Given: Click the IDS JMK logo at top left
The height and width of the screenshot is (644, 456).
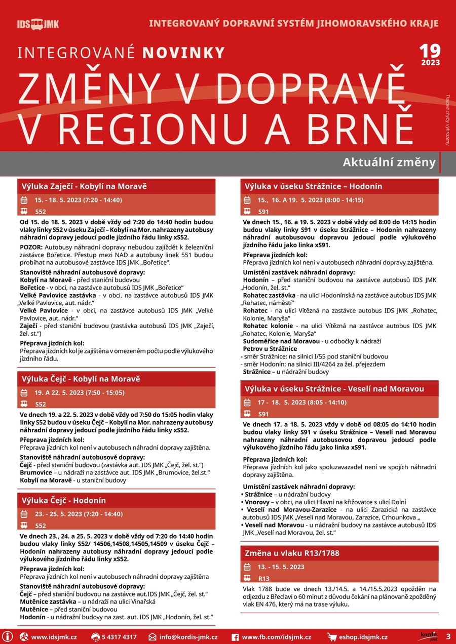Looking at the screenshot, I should pyautogui.click(x=38, y=24).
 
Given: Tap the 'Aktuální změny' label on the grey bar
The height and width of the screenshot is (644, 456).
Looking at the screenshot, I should pyautogui.click(x=389, y=163).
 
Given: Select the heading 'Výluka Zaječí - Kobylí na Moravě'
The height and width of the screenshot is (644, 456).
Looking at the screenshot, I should pyautogui.click(x=84, y=186).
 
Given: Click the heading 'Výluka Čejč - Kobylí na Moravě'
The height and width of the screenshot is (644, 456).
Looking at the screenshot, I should pyautogui.click(x=81, y=379).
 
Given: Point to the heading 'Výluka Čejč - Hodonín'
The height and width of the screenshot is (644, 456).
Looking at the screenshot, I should pyautogui.click(x=64, y=500).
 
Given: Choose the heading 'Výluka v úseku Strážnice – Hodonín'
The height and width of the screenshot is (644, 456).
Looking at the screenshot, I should pyautogui.click(x=313, y=186).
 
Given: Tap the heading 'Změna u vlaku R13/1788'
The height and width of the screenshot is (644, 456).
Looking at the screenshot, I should pyautogui.click(x=292, y=553).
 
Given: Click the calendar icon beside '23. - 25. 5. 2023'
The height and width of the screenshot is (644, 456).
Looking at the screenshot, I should pyautogui.click(x=24, y=514).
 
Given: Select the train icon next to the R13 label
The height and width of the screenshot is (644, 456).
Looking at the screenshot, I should pyautogui.click(x=247, y=578).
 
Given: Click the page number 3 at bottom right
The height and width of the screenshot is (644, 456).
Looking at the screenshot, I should pyautogui.click(x=448, y=636).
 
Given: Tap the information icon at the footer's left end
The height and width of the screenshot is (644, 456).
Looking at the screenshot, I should pyautogui.click(x=8, y=636).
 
